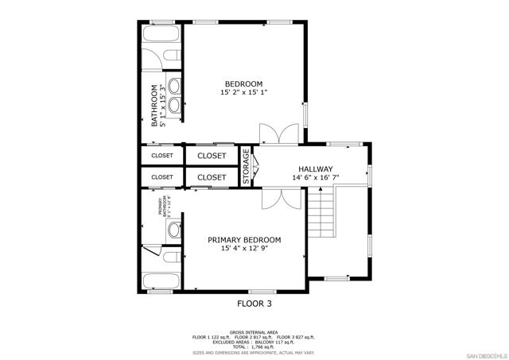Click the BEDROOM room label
(243, 83)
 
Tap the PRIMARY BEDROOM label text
(244, 240)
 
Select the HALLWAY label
(315, 169)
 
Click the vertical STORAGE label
(247, 167)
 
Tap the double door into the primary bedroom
(281, 199)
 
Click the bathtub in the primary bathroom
(161, 281)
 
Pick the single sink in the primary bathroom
(173, 230)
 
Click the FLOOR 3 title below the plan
(254, 303)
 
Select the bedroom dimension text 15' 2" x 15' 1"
(243, 93)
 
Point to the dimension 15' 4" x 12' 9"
(244, 249)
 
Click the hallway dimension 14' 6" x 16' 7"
(315, 178)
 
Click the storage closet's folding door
(256, 167)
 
